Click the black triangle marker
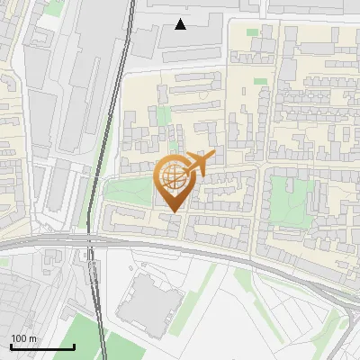point(181,24)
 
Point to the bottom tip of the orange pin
point(173,212)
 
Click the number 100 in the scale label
point(18,338)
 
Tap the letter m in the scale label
point(32,338)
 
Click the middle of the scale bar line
point(42,346)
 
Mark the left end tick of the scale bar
point(11,346)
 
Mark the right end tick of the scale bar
point(74,346)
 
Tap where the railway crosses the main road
point(90,241)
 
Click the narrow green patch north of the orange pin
point(164,117)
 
